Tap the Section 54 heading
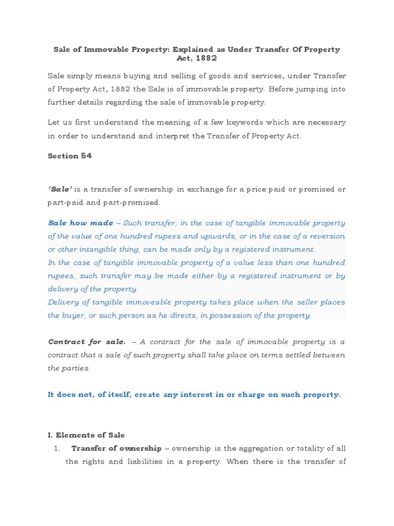[70, 156]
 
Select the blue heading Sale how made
[81, 223]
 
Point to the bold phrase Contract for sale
[87, 342]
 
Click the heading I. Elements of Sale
[86, 435]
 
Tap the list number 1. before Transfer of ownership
[57, 448]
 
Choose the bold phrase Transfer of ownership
[116, 448]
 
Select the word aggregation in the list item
[253, 448]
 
